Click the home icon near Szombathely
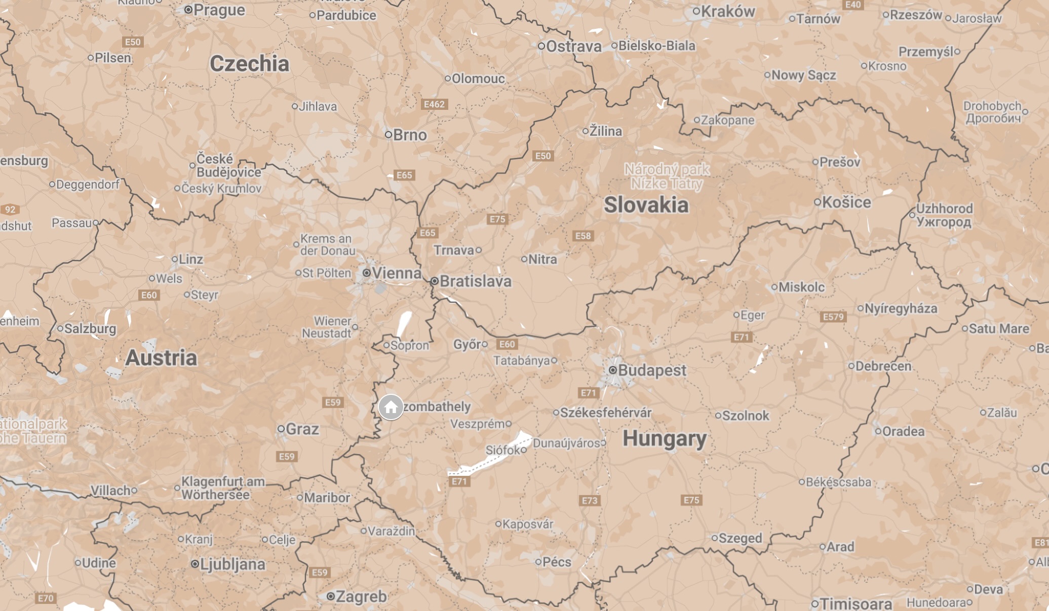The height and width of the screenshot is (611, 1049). coord(391,407)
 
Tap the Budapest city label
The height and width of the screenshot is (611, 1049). coord(651,370)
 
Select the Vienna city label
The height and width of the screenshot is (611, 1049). coord(396,273)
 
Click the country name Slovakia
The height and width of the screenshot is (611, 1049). coord(646,205)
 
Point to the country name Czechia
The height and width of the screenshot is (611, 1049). coord(249,64)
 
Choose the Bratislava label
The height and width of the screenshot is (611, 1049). coord(475,281)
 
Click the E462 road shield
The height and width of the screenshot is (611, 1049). coord(434,104)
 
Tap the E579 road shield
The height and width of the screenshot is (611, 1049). coord(833,317)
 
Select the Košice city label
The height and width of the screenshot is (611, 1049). coord(846,202)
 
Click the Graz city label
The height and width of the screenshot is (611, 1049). coord(302,429)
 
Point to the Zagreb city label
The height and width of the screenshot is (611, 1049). coord(361,597)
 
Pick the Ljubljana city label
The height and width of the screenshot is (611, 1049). coord(232,564)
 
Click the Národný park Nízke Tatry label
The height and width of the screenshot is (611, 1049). coord(667,176)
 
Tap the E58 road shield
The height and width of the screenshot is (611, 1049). coord(582,236)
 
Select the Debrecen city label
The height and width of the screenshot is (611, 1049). coord(883,366)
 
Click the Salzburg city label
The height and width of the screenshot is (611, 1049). coord(90,329)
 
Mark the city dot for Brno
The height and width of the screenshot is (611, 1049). coord(388,135)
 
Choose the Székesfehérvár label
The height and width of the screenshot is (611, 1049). coord(605,413)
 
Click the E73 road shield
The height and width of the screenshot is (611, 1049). coord(589,501)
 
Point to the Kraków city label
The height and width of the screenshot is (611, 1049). coord(727,11)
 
